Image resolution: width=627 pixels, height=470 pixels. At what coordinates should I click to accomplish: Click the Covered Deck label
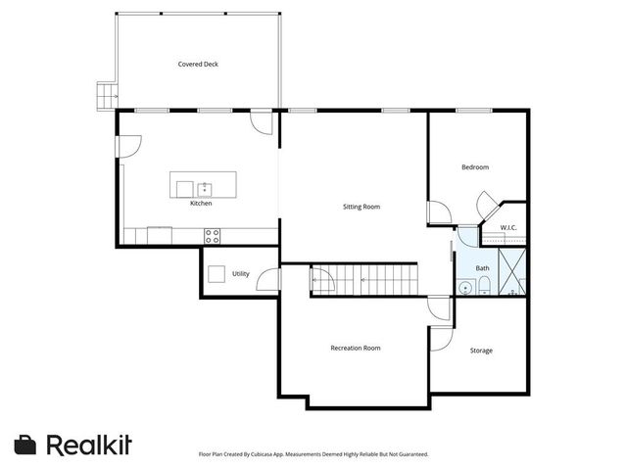tap(198, 65)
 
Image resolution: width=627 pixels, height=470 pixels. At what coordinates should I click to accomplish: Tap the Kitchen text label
tap(201, 204)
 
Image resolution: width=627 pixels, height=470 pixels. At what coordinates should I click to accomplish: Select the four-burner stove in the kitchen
tap(212, 235)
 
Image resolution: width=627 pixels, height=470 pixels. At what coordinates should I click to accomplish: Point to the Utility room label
tap(240, 274)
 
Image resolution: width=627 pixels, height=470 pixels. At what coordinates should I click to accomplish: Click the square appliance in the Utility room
tap(217, 274)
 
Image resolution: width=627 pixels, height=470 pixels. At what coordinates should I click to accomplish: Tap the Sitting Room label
tap(361, 207)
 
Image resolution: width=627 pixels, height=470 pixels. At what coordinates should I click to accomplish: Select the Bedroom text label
tap(475, 167)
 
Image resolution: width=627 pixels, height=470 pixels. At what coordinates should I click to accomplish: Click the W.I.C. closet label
tap(508, 227)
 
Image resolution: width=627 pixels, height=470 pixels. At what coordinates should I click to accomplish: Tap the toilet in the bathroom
tap(484, 286)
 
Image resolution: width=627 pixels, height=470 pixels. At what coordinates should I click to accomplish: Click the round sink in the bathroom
tap(462, 287)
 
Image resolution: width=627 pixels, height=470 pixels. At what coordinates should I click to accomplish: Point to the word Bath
tap(483, 267)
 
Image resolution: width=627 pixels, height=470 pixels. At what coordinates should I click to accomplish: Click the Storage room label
tap(481, 350)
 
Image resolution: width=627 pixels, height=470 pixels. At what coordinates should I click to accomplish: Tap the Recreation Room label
tap(356, 348)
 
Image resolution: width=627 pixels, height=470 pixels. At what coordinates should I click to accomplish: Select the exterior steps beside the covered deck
tap(105, 94)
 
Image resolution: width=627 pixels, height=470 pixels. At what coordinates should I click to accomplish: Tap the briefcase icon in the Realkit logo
tap(26, 444)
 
